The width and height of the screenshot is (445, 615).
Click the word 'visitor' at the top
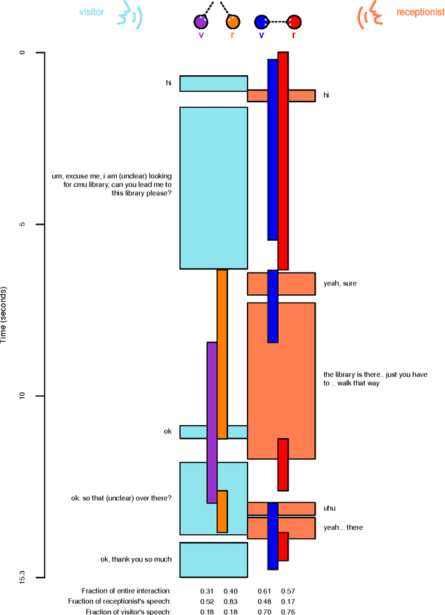(x=91, y=12)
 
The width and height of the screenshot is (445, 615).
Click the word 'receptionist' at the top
(x=416, y=12)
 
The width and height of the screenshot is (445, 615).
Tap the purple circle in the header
(x=202, y=22)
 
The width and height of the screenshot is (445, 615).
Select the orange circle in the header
(x=232, y=22)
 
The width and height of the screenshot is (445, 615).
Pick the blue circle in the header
(x=261, y=22)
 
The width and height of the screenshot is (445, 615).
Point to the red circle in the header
(x=294, y=22)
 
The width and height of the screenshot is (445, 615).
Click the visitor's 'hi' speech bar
(x=213, y=83)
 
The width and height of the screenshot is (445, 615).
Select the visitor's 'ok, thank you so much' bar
(x=213, y=559)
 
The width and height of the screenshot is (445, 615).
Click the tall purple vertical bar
(x=212, y=422)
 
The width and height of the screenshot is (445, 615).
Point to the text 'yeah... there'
(x=343, y=527)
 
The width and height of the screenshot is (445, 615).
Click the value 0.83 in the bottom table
(x=230, y=601)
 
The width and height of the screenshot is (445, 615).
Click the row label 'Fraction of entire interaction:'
(x=126, y=591)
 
